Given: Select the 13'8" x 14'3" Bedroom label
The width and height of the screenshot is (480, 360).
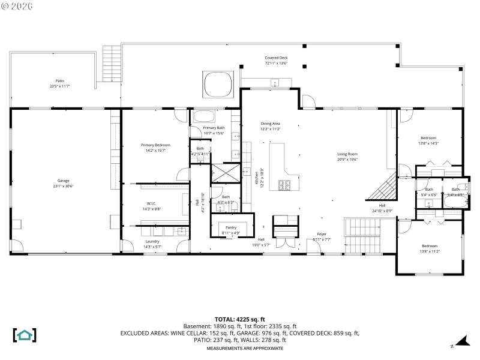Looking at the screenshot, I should point(428,140).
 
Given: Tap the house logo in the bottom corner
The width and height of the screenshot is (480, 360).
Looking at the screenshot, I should point(25,335).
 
